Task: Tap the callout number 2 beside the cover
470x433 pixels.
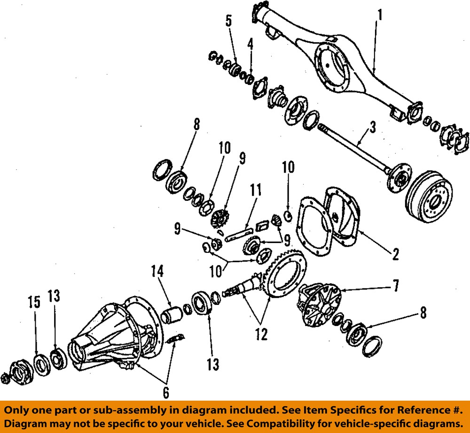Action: [x=396, y=255]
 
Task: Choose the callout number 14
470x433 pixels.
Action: [x=157, y=271]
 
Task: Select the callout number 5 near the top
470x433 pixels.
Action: [x=229, y=20]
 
